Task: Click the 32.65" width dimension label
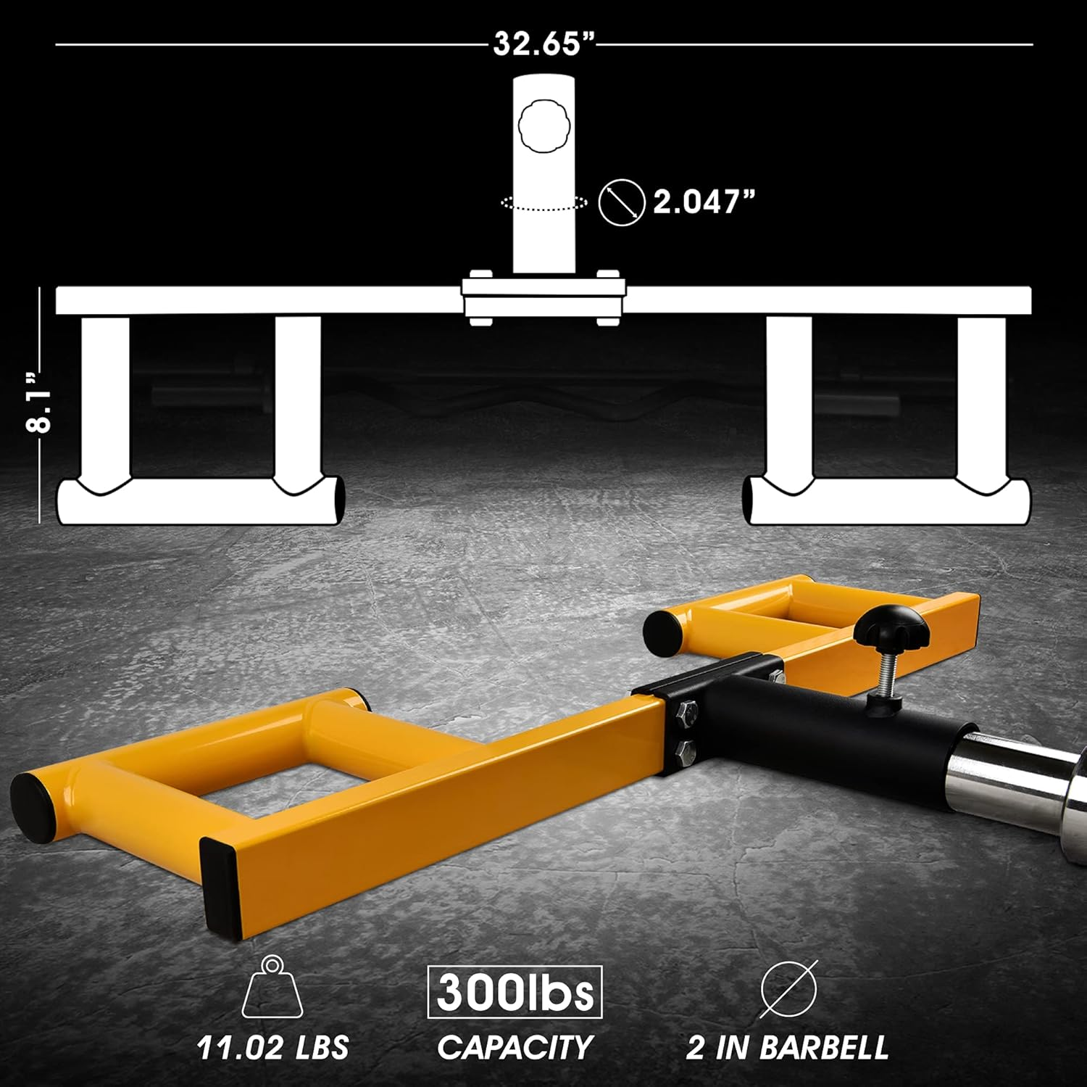click(543, 44)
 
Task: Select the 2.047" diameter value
click(704, 202)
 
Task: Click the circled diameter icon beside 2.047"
click(622, 202)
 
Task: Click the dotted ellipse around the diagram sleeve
click(543, 204)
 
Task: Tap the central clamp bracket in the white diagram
click(543, 297)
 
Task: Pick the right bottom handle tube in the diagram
click(888, 500)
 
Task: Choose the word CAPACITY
click(515, 1047)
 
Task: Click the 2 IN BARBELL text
click(787, 1047)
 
